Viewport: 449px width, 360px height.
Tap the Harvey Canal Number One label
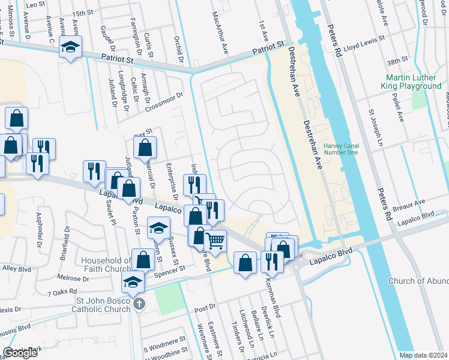pyautogui.click(x=340, y=149)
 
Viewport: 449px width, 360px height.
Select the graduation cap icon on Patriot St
pyautogui.click(x=71, y=47)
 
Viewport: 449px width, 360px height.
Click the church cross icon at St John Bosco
pyautogui.click(x=139, y=304)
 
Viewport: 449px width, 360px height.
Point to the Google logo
pyautogui.click(x=20, y=353)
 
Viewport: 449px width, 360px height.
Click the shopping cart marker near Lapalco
pyautogui.click(x=215, y=241)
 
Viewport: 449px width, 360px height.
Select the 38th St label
pyautogui.click(x=397, y=61)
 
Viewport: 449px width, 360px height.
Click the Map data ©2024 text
pyautogui.click(x=424, y=355)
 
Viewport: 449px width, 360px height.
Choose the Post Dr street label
pyautogui.click(x=205, y=308)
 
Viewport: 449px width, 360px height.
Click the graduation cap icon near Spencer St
pyautogui.click(x=133, y=281)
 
